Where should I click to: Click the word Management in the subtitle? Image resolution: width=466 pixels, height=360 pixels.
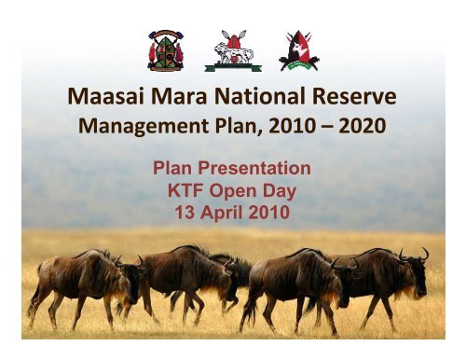144,126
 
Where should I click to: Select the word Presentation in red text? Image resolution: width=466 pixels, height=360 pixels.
254,168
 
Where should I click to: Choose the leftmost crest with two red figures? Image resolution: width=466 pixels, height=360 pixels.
166,50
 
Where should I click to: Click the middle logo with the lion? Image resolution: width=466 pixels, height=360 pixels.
233,50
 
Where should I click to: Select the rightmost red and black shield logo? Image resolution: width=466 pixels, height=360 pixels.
299,50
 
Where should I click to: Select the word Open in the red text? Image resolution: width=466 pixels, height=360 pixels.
233,191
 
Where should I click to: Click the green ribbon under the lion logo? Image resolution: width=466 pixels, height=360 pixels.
233,67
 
